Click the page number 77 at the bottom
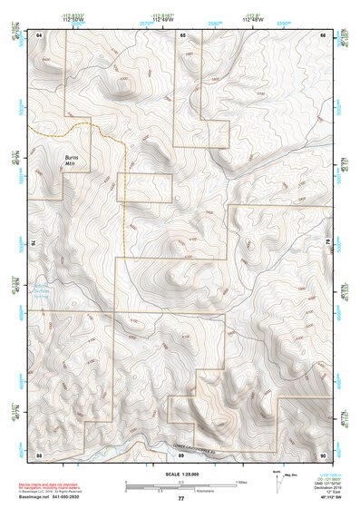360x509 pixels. [180, 498]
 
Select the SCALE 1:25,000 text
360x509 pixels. [180, 474]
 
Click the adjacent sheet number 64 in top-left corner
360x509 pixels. [39, 34]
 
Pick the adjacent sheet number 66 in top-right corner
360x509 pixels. [323, 34]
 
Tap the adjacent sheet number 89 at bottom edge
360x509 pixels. [181, 455]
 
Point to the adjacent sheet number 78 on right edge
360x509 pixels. [326, 243]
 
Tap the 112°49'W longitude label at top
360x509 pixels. [163, 20]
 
